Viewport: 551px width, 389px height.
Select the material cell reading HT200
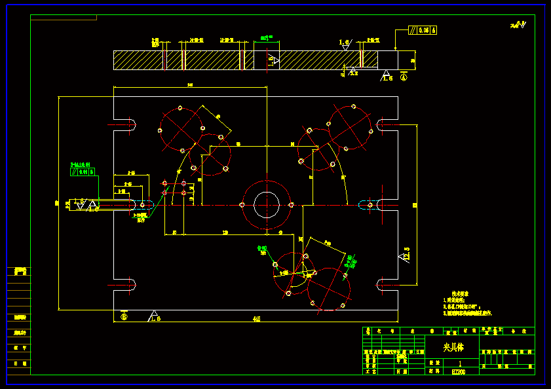(x=458, y=371)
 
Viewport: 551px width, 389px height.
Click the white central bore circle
(x=266, y=205)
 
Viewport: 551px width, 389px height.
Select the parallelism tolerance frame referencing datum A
(x=419, y=30)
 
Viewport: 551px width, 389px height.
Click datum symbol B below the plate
(x=124, y=316)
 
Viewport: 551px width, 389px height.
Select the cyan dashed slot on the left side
(x=145, y=205)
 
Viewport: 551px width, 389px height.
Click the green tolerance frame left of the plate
(x=83, y=172)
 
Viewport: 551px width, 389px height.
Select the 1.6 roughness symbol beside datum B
(x=154, y=316)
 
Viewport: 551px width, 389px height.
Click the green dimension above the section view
(x=267, y=39)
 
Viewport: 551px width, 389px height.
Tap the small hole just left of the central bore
(x=242, y=205)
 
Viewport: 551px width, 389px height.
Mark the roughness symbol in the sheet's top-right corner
(x=519, y=26)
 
